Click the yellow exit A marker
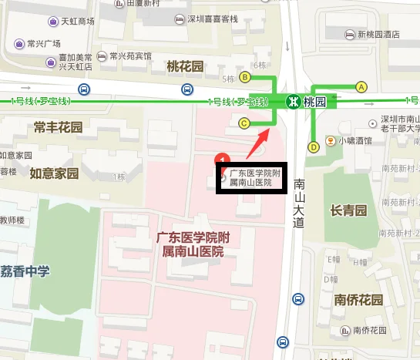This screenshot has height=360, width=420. pos(360,86)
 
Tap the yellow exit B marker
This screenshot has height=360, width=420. pos(245,77)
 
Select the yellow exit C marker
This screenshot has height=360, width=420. pos(244,123)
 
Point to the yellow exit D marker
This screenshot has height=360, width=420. pos(314,146)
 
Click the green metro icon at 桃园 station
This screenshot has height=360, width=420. pos(293,101)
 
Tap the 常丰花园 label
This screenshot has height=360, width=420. pos(57,127)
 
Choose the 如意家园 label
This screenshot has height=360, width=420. pos(54,173)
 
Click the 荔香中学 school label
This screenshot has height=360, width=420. pos(25,271)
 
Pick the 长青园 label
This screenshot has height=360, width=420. pos(348,210)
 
